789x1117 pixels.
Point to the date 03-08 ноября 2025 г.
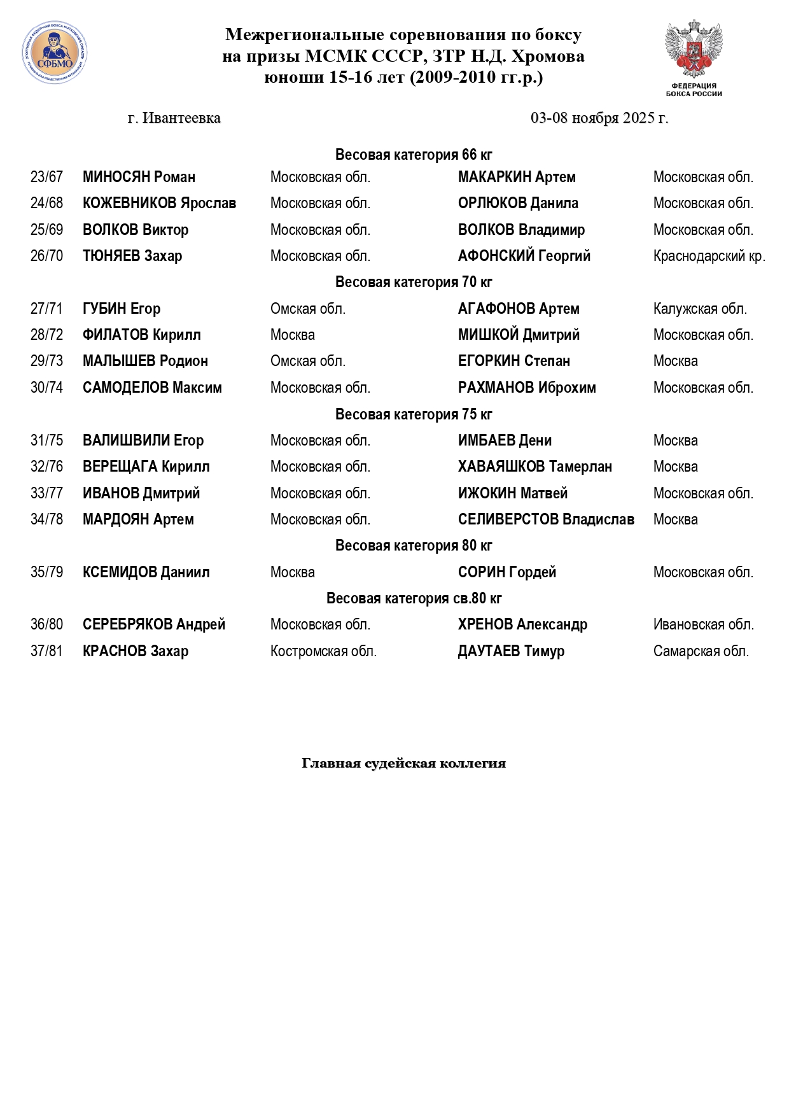599,118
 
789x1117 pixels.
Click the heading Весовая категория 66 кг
414,155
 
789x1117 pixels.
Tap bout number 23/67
47,177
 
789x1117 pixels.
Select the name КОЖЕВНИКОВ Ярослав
159,204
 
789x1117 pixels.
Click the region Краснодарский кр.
709,256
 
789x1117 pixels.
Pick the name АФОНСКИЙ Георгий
524,256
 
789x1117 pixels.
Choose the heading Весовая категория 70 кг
414,282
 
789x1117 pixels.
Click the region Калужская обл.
700,309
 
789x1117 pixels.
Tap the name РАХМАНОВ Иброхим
527,388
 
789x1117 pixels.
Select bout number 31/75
47,440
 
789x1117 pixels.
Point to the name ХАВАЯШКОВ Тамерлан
534,467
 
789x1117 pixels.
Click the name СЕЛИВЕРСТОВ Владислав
546,520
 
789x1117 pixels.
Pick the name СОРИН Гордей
507,573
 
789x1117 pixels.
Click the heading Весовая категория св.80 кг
414,598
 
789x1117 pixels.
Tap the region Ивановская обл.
703,625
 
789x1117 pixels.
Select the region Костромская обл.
323,652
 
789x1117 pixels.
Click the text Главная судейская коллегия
403,763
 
